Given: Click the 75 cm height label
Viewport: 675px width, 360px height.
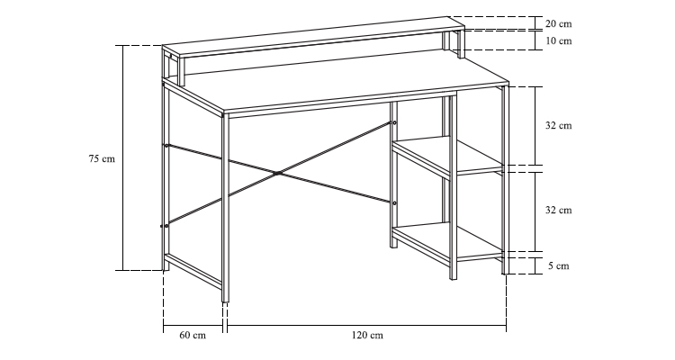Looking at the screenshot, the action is pyautogui.click(x=102, y=158).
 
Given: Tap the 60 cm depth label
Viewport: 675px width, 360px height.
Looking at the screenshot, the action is pyautogui.click(x=193, y=335).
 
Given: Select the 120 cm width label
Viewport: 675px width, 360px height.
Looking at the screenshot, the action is pyautogui.click(x=367, y=335).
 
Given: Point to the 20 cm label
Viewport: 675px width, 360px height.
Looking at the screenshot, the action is pyautogui.click(x=559, y=23).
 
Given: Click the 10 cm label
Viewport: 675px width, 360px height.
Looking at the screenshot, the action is pyautogui.click(x=559, y=40).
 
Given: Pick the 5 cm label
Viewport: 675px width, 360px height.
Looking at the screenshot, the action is pyautogui.click(x=559, y=266).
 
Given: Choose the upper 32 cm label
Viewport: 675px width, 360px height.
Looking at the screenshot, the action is pyautogui.click(x=559, y=125).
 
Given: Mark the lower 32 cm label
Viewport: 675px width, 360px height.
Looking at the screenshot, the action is pyautogui.click(x=559, y=210).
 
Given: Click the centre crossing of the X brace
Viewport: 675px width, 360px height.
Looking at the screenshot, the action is pyautogui.click(x=278, y=173).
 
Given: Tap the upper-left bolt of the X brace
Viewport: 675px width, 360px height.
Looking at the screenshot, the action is pyautogui.click(x=166, y=146).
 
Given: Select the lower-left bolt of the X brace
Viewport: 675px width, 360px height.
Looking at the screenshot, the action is pyautogui.click(x=166, y=226).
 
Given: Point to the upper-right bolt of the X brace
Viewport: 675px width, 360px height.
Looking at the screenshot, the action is pyautogui.click(x=394, y=123).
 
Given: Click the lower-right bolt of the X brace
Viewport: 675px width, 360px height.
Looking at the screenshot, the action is pyautogui.click(x=394, y=202).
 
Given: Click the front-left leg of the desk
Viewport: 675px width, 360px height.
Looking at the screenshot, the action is pyautogui.click(x=225, y=208).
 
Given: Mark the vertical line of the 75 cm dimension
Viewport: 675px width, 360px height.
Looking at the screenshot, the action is pyautogui.click(x=123, y=157).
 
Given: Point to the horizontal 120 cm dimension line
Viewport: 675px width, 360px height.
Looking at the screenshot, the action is pyautogui.click(x=367, y=326).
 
